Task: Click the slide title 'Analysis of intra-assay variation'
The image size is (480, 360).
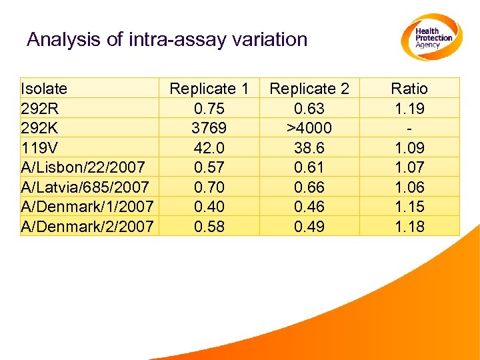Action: (x=167, y=39)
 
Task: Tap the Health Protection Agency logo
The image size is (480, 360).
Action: (x=431, y=37)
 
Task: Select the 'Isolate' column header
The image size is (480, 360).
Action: (x=44, y=89)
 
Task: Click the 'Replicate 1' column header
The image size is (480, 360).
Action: (x=209, y=89)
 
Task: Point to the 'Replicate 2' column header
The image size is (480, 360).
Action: (x=309, y=89)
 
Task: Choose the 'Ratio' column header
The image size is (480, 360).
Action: (x=409, y=89)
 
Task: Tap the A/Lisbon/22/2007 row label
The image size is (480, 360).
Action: (x=83, y=167)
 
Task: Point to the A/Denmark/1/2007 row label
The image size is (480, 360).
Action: (x=87, y=207)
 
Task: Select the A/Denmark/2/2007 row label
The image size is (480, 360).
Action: (x=87, y=227)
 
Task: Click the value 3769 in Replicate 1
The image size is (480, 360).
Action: (x=209, y=127)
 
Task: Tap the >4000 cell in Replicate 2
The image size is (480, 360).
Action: (x=309, y=127)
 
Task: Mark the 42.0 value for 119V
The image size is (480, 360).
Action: (x=209, y=147)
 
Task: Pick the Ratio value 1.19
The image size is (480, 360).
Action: (x=409, y=108)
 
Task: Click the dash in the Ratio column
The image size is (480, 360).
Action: (x=409, y=128)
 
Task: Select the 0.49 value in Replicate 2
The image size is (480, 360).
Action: (x=309, y=227)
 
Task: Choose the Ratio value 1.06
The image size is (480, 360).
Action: (x=409, y=187)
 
